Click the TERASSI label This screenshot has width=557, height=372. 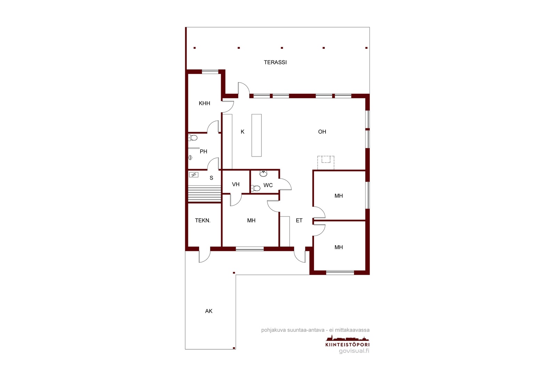coord(275,62)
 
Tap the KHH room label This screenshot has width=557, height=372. coord(204,103)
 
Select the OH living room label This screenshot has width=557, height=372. coord(322,132)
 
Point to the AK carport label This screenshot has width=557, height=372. coord(209,311)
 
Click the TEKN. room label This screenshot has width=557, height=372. coord(203,220)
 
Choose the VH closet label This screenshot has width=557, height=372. coord(236,184)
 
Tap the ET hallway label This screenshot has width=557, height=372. coord(299,220)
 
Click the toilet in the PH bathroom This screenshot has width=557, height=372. coord(193,137)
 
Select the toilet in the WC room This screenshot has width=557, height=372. coord(256,188)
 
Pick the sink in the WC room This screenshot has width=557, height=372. coord(263,173)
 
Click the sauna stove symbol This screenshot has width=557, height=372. coord(194,175)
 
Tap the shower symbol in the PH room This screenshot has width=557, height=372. coord(190,157)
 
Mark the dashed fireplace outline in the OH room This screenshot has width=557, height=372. coord(326,163)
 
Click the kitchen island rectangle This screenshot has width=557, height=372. coord(257,136)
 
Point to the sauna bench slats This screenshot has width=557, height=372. coord(204,193)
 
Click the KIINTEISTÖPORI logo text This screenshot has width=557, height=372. coord(347,345)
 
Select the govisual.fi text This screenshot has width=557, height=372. coord(354,351)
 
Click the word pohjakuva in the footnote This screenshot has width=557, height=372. coord(274,330)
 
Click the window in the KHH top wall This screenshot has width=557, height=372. coord(210,72)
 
